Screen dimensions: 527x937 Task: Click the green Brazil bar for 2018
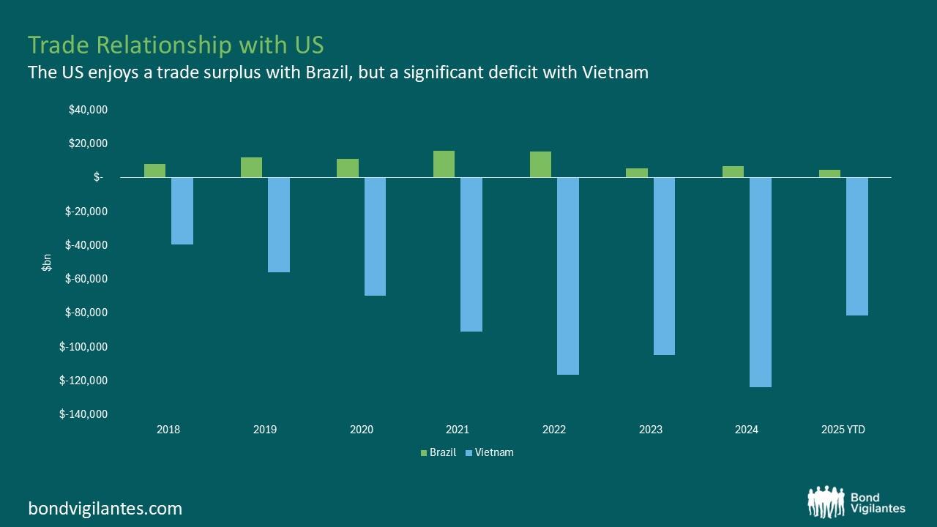[x=154, y=171]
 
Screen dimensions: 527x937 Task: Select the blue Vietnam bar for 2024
[x=761, y=282]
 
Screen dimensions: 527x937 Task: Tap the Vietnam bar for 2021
[x=471, y=254]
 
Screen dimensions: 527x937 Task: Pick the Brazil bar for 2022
[x=540, y=165]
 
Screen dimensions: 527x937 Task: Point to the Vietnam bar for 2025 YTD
[x=856, y=246]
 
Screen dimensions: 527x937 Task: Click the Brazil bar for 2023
[x=637, y=173]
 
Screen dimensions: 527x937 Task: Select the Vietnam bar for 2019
[x=279, y=225]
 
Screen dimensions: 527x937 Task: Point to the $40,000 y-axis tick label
[x=88, y=110]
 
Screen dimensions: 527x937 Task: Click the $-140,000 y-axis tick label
[x=83, y=414]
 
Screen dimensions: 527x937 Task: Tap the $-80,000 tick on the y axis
[x=86, y=313]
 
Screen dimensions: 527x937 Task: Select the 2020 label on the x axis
[x=362, y=430]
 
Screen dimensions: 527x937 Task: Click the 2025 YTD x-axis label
[x=843, y=430]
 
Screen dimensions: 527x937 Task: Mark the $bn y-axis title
[x=46, y=262]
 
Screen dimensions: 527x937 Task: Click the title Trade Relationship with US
[x=176, y=45]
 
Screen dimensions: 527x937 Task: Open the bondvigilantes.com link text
[x=105, y=508]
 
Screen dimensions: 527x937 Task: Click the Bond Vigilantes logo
[x=856, y=503]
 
